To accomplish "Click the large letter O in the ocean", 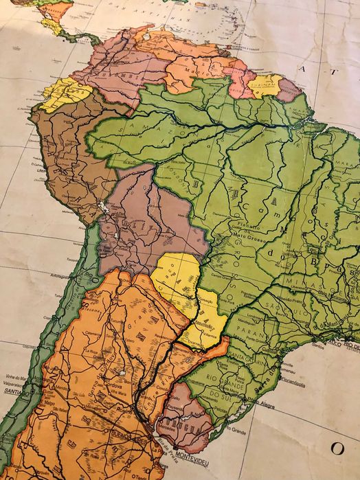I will point(337,448).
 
